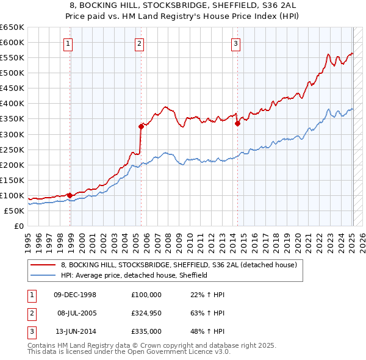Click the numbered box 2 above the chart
pyautogui.click(x=139, y=43)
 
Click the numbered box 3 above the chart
pyautogui.click(x=235, y=43)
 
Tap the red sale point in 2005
pyautogui.click(x=141, y=126)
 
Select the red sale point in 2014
pyautogui.click(x=237, y=123)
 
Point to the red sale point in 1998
pyautogui.click(x=70, y=195)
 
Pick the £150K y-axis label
pyautogui.click(x=12, y=180)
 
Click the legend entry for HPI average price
pyautogui.click(x=134, y=275)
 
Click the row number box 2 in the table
pyautogui.click(x=30, y=313)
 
